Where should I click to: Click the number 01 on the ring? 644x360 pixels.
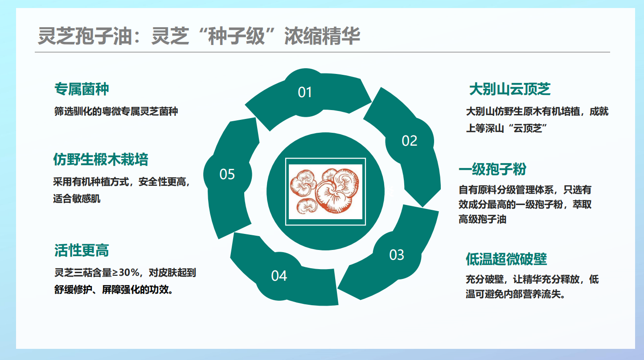305,92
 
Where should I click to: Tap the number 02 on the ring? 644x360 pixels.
410,141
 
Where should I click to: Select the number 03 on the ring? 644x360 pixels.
397,255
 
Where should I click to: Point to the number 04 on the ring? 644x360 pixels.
279,276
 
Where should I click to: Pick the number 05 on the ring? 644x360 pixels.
227,174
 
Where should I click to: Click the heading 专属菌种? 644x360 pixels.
82,89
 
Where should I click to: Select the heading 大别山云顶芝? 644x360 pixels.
510,89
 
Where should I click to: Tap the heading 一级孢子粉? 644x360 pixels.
492,169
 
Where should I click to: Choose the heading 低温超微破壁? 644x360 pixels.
506,259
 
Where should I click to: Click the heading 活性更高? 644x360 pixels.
82,250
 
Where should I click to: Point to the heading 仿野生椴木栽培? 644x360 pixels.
101,160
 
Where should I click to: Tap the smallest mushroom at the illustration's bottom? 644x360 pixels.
307,206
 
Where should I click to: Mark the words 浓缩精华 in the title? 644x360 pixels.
322,36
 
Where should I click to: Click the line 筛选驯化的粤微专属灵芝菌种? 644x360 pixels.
116,111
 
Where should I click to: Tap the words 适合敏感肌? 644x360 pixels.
77,199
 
